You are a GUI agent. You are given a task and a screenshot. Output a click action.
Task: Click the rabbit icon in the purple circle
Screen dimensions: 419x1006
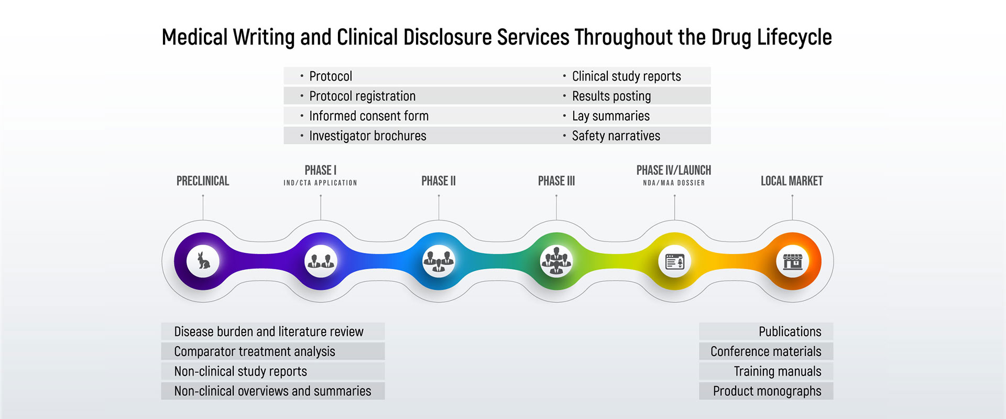pos(203,260)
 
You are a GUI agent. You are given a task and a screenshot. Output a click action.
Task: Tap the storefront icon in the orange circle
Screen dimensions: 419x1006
pos(792,261)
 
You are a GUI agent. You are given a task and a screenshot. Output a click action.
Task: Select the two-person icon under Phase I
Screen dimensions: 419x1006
pos(321,260)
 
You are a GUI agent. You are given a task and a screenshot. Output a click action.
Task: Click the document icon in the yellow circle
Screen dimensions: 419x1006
pos(674,261)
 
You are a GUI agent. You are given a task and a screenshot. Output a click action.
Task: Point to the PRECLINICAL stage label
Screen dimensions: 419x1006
pos(203,181)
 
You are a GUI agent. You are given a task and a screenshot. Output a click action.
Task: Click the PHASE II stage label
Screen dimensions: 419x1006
pos(439,181)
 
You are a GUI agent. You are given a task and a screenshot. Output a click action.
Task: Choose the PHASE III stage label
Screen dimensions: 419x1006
pos(556,181)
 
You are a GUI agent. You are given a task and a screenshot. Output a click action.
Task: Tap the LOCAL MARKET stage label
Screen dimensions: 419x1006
pos(792,181)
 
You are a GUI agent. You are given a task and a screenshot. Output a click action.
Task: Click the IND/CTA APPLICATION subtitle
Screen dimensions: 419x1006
pos(320,183)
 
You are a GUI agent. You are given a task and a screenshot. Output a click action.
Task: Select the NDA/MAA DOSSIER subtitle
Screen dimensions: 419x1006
pos(674,183)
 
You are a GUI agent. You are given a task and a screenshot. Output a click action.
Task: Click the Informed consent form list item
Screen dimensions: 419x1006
pos(369,116)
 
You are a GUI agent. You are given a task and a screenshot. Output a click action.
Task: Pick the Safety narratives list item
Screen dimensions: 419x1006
pos(616,136)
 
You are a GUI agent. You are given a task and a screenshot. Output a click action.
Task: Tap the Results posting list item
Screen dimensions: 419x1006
pos(611,96)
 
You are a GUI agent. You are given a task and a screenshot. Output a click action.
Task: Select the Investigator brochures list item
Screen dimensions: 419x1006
pos(367,136)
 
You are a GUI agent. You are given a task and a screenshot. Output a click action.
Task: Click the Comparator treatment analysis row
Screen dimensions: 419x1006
pos(255,351)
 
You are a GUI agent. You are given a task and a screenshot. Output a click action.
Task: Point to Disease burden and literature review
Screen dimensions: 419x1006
pos(269,332)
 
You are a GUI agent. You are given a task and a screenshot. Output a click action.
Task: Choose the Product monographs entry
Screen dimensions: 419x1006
pos(767,391)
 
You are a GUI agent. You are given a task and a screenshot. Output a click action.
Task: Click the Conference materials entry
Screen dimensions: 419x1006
pos(766,351)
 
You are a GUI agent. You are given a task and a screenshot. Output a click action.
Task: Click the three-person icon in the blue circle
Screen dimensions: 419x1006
pos(439,261)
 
